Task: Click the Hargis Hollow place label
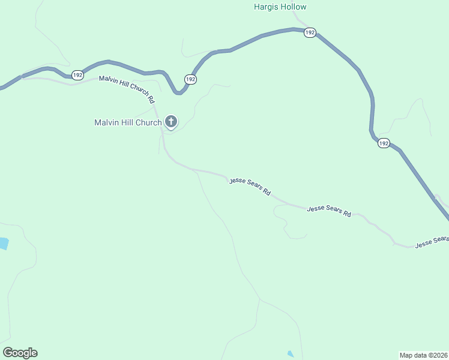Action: [x=280, y=7]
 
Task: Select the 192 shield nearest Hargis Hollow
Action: [x=310, y=32]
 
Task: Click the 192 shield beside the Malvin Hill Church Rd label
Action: [x=77, y=75]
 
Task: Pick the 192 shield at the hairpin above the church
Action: [x=190, y=79]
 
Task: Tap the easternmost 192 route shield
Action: [x=384, y=143]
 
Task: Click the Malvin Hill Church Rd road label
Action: [x=127, y=89]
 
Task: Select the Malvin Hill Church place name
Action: [x=128, y=123]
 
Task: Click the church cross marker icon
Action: [x=171, y=122]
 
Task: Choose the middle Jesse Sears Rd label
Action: [x=329, y=211]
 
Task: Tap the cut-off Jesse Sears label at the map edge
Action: [x=432, y=241]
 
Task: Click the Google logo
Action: [x=20, y=353]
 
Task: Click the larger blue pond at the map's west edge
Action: [x=3, y=243]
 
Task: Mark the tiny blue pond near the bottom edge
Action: [x=291, y=354]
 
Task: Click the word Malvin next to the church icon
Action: [x=106, y=123]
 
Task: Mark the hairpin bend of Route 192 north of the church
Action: [x=179, y=92]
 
